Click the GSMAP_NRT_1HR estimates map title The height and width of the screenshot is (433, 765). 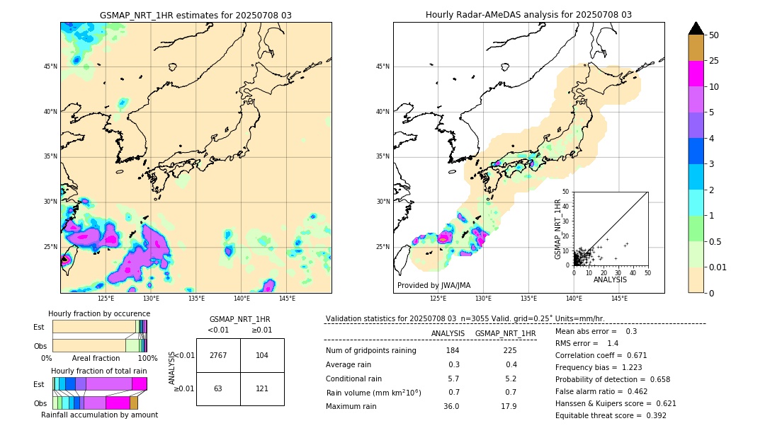click(x=195, y=15)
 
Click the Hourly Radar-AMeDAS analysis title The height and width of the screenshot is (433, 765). click(x=528, y=15)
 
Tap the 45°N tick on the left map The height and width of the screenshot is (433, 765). click(x=50, y=67)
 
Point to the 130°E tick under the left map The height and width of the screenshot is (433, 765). click(x=151, y=299)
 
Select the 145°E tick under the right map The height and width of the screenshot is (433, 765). click(x=619, y=299)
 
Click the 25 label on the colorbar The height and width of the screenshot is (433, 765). click(x=714, y=61)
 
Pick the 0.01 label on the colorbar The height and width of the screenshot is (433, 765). click(x=717, y=267)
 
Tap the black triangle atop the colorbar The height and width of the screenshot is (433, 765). click(x=696, y=28)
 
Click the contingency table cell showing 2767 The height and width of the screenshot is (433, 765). click(x=218, y=355)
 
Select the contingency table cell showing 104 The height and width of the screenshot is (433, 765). click(x=262, y=355)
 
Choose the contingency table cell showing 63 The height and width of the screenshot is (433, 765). click(x=218, y=388)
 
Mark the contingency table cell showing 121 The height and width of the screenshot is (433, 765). click(x=262, y=388)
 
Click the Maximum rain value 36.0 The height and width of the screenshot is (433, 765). click(x=451, y=406)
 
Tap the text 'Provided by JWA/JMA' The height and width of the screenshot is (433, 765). click(x=433, y=285)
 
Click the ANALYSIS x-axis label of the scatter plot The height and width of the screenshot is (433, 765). click(x=610, y=279)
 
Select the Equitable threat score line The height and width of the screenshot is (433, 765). click(x=611, y=415)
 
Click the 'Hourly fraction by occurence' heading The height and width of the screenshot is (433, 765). click(x=99, y=313)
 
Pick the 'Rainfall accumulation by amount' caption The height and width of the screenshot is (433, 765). click(x=99, y=415)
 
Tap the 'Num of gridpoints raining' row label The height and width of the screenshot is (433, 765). click(x=371, y=351)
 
